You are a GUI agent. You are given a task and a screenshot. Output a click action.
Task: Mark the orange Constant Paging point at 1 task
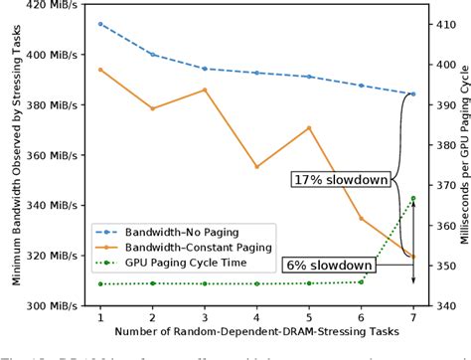[x=100, y=70]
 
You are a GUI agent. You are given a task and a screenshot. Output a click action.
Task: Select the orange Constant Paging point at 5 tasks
[x=309, y=127]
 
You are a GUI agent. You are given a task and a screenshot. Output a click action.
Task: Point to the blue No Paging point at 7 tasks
[x=413, y=93]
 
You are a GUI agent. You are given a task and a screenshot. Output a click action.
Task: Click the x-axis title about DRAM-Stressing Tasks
[x=255, y=330]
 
